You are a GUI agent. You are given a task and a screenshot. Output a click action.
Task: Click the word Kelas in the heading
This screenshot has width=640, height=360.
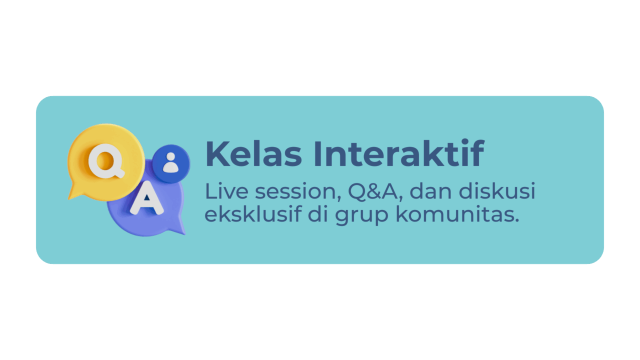(253, 153)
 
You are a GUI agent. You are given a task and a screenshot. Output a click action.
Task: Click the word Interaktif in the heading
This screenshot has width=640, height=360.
(399, 153)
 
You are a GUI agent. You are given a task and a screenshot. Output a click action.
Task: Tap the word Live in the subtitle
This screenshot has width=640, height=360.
(226, 191)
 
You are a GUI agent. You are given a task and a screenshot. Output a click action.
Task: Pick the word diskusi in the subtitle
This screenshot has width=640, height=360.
(497, 190)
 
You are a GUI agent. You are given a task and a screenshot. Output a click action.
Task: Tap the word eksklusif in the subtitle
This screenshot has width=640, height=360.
(253, 213)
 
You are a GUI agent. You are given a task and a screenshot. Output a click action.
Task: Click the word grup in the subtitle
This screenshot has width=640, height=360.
(361, 215)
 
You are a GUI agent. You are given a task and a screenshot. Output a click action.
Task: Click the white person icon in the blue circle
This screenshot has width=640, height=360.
(171, 162)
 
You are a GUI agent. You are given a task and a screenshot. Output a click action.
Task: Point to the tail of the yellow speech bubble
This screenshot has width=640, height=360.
(73, 193)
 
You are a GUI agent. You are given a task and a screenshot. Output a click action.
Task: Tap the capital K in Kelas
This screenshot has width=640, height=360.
(217, 153)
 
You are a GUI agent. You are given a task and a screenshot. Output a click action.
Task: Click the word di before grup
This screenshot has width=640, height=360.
(318, 213)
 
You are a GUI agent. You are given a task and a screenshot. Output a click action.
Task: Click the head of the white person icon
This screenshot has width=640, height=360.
(171, 156)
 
